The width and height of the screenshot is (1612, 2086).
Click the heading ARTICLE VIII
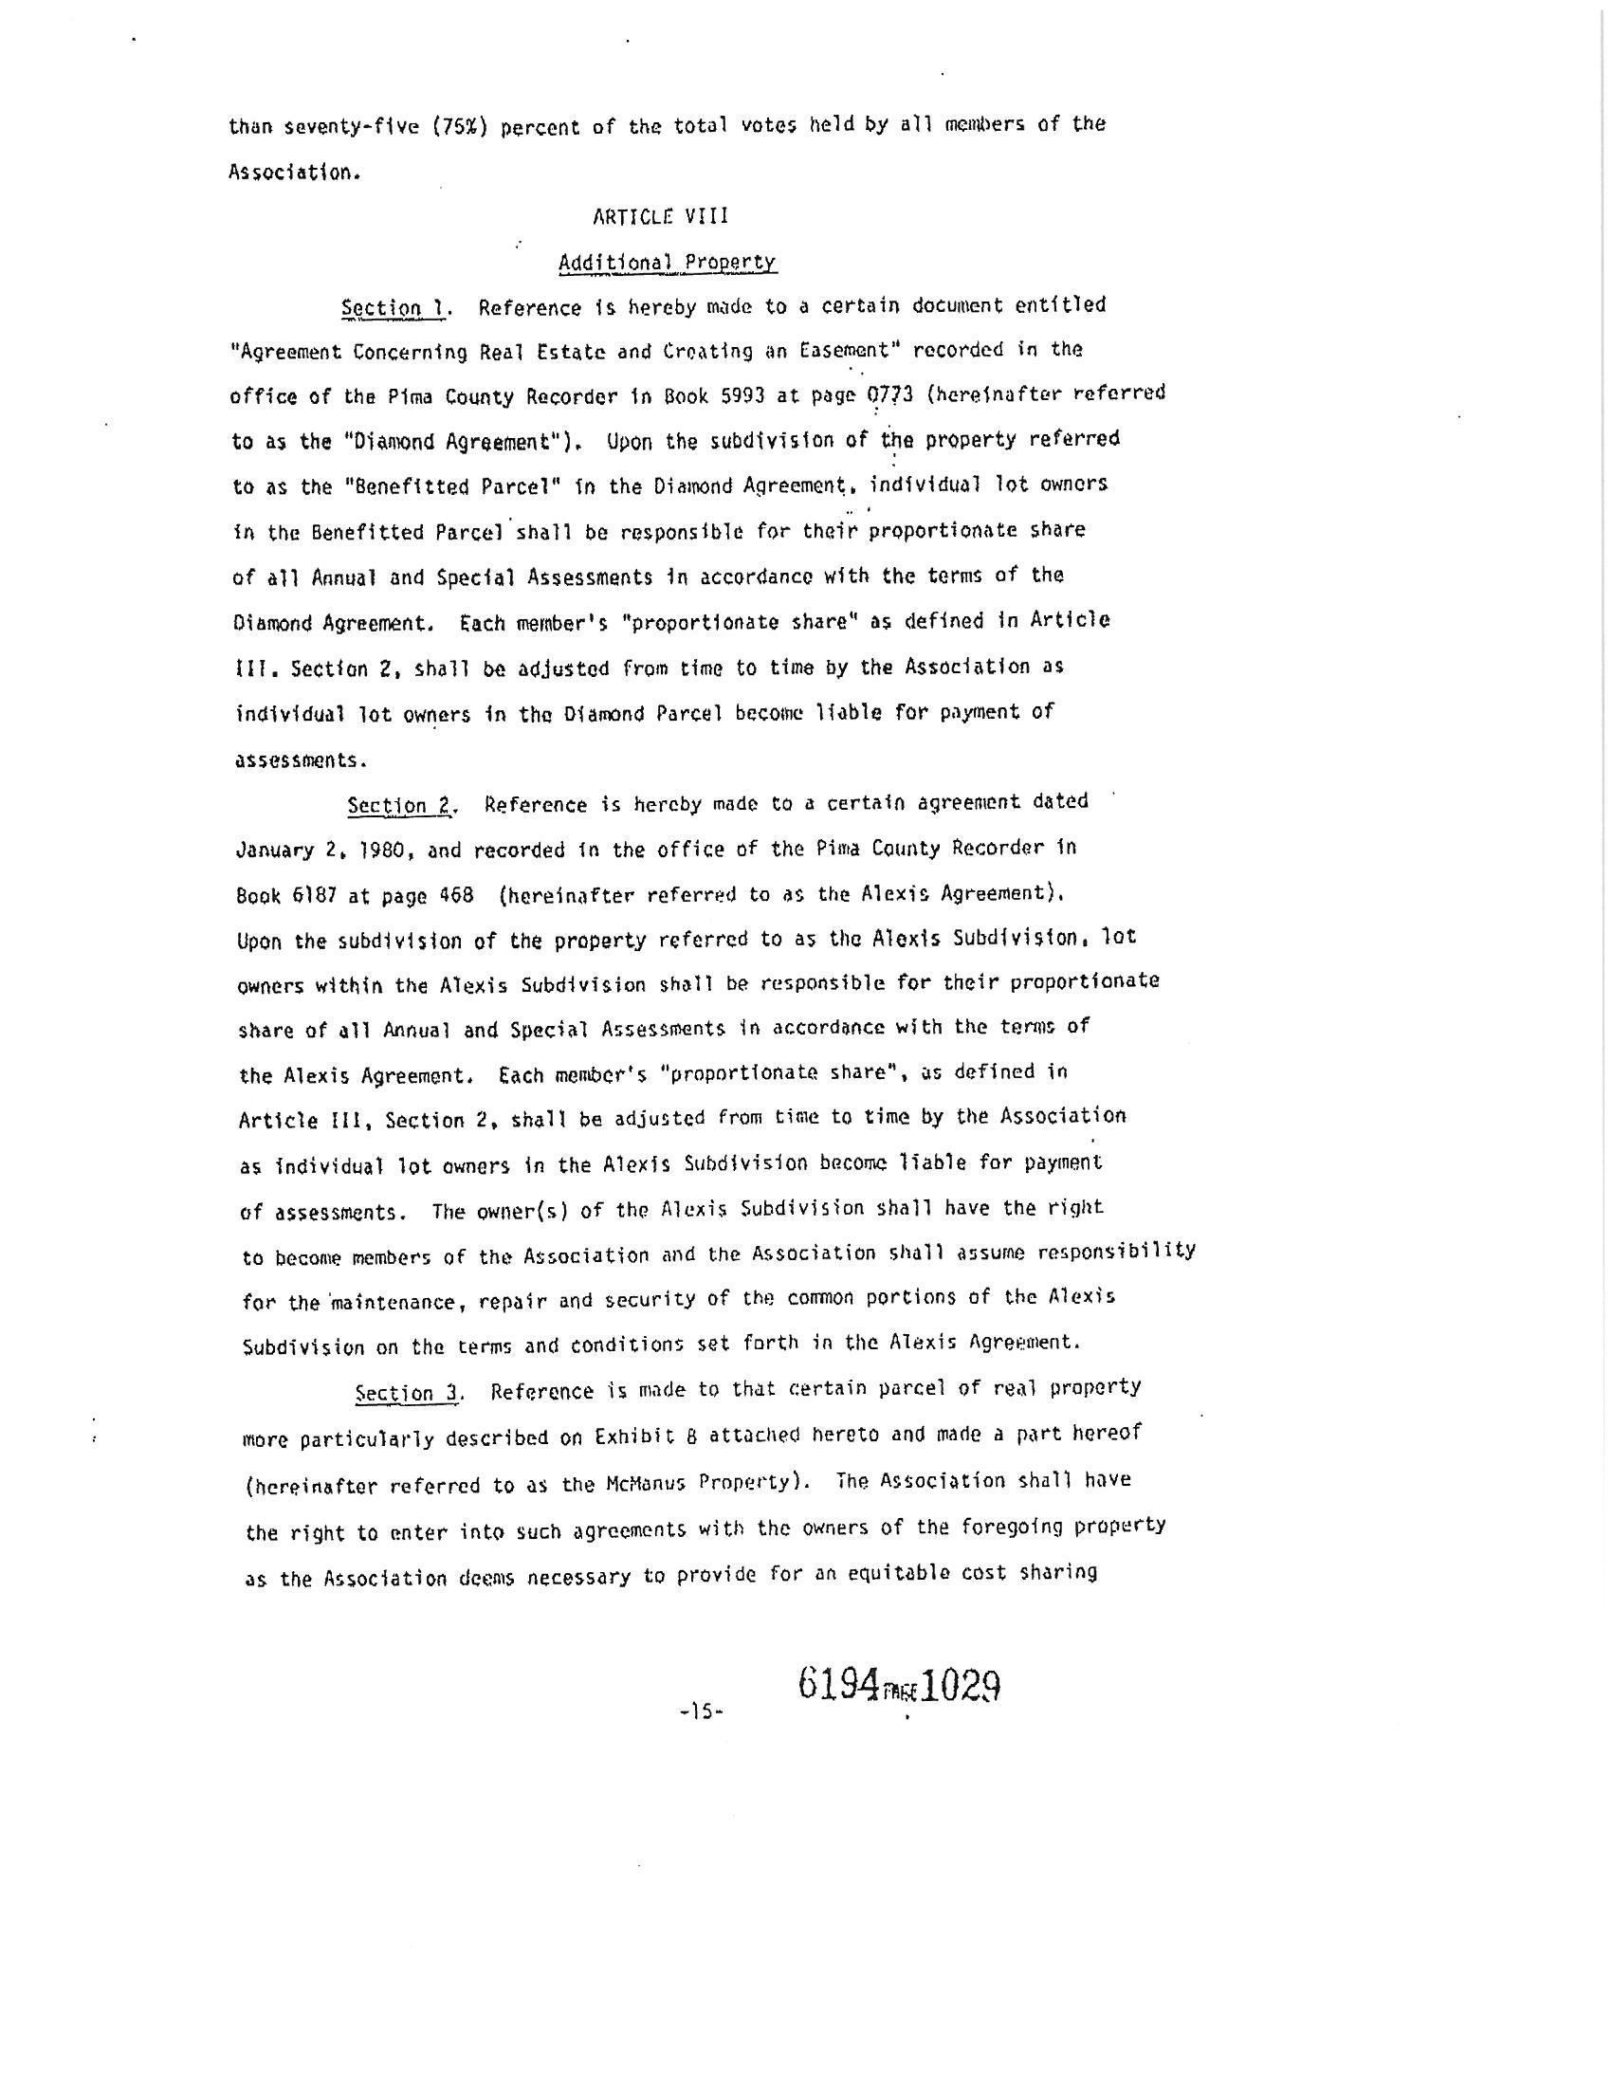(660, 217)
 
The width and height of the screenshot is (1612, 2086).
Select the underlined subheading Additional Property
(667, 263)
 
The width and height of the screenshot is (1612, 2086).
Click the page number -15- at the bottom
(702, 1712)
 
